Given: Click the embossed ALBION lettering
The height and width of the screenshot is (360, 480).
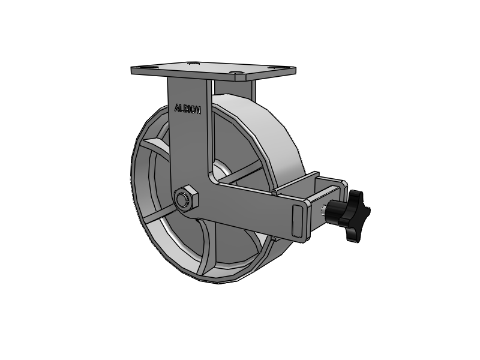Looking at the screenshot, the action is click(188, 109).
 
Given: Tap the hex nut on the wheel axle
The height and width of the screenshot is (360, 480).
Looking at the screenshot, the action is click(186, 199).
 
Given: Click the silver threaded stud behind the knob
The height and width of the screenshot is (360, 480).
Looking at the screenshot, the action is click(323, 211).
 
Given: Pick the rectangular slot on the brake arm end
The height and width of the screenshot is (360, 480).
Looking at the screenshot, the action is click(298, 220).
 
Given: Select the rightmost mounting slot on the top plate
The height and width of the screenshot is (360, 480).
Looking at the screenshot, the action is click(274, 68).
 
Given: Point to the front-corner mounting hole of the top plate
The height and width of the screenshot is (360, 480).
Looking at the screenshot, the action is click(236, 73).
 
